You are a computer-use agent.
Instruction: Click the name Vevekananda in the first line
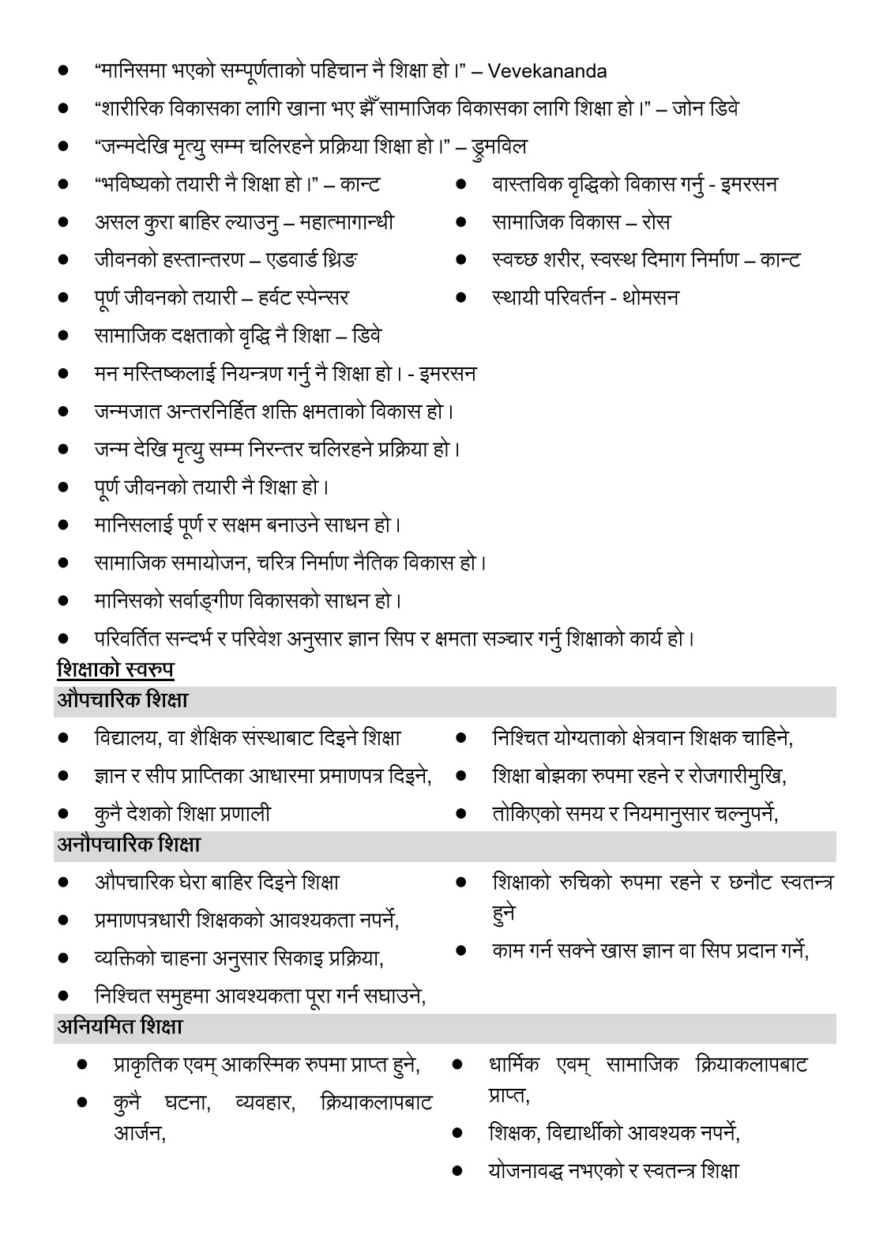547,71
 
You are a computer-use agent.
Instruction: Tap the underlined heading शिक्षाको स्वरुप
115,670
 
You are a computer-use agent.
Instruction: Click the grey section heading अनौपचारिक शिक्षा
129,845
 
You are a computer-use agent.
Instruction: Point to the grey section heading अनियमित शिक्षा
120,1027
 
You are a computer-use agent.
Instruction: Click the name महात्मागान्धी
347,222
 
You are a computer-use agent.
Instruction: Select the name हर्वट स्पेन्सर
302,298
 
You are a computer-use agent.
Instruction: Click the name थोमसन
650,298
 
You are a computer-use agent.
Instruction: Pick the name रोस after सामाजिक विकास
656,222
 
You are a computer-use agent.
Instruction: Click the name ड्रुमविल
499,147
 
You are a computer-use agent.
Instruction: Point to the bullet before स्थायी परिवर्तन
461,298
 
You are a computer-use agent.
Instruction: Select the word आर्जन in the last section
137,1133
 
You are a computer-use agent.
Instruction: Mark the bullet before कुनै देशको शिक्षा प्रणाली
63,813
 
